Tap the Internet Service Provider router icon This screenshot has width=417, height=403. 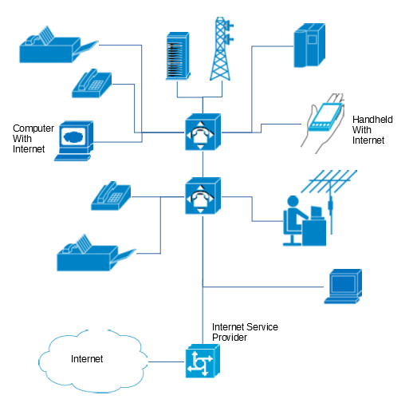[x=203, y=361]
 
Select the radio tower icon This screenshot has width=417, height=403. [x=222, y=49]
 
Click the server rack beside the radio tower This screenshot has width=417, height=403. [x=178, y=56]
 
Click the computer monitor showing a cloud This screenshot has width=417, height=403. [x=74, y=140]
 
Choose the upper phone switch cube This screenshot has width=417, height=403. [x=203, y=132]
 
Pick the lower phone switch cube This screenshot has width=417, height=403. [x=203, y=196]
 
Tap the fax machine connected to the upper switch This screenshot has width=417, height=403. [x=58, y=45]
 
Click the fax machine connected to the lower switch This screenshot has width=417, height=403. [x=96, y=254]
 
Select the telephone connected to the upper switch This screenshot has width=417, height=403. [x=92, y=84]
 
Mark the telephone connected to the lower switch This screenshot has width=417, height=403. [x=111, y=196]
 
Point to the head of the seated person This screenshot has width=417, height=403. [x=293, y=201]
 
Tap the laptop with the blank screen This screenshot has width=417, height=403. [x=343, y=286]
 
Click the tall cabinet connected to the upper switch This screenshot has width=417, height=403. [x=309, y=45]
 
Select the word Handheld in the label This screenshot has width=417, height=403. [x=372, y=120]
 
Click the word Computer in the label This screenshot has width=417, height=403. [x=33, y=128]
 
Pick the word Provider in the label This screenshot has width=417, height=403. [x=230, y=338]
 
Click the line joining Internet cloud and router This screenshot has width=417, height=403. [x=166, y=362]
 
